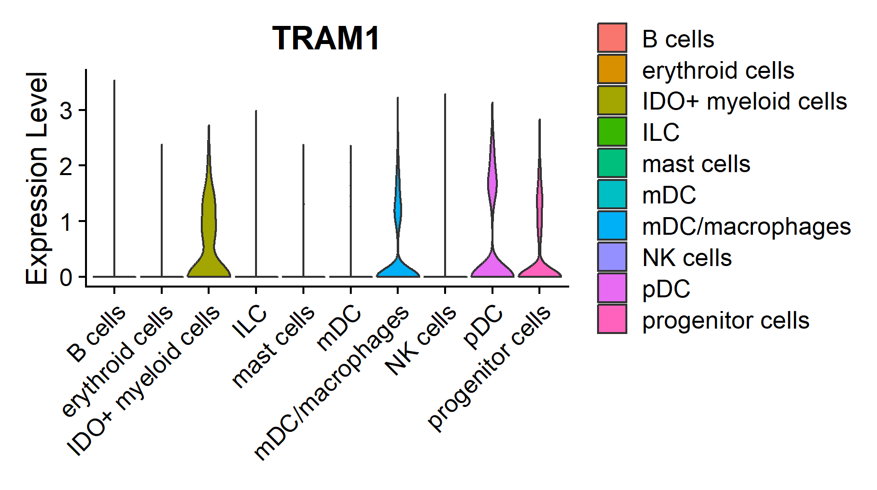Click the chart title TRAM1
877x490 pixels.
(x=326, y=39)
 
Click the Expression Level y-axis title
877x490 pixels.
(x=37, y=178)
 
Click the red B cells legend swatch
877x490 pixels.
(x=612, y=38)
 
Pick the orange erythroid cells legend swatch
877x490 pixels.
(x=612, y=69)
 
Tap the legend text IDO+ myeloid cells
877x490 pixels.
(x=744, y=101)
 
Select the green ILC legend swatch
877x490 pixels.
(x=612, y=132)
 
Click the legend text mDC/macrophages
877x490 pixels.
(x=746, y=226)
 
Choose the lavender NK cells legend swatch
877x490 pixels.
(x=612, y=257)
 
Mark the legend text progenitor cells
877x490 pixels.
(x=726, y=320)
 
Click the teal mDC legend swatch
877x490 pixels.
(x=612, y=194)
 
